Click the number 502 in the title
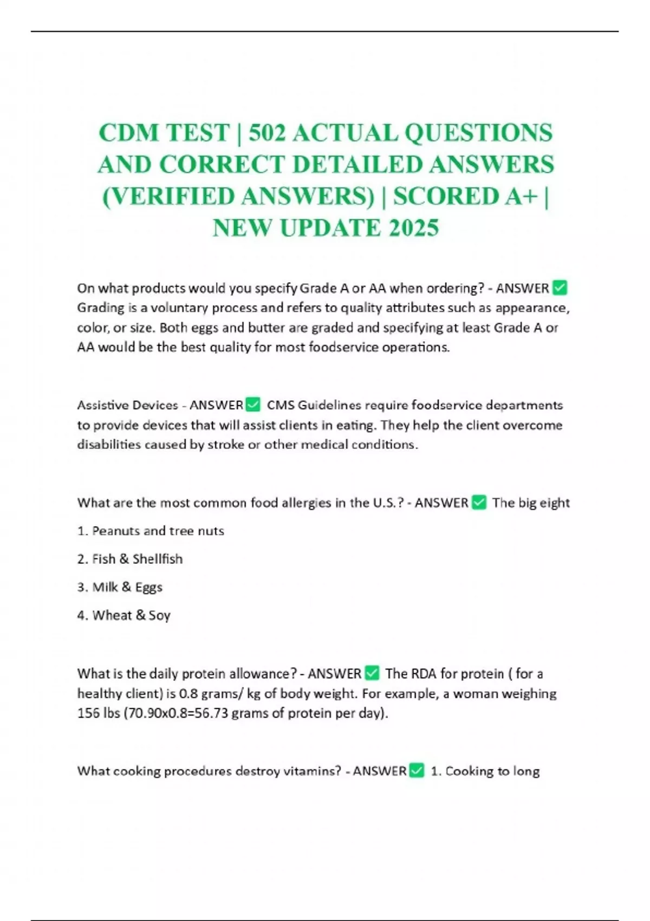tap(266, 133)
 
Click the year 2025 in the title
tap(413, 228)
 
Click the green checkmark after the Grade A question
tap(560, 288)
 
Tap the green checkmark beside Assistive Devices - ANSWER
tap(253, 405)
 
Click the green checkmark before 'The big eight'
tap(479, 503)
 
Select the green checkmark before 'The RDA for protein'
tap(372, 673)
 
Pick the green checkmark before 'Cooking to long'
tap(417, 771)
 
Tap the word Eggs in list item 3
tap(149, 588)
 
